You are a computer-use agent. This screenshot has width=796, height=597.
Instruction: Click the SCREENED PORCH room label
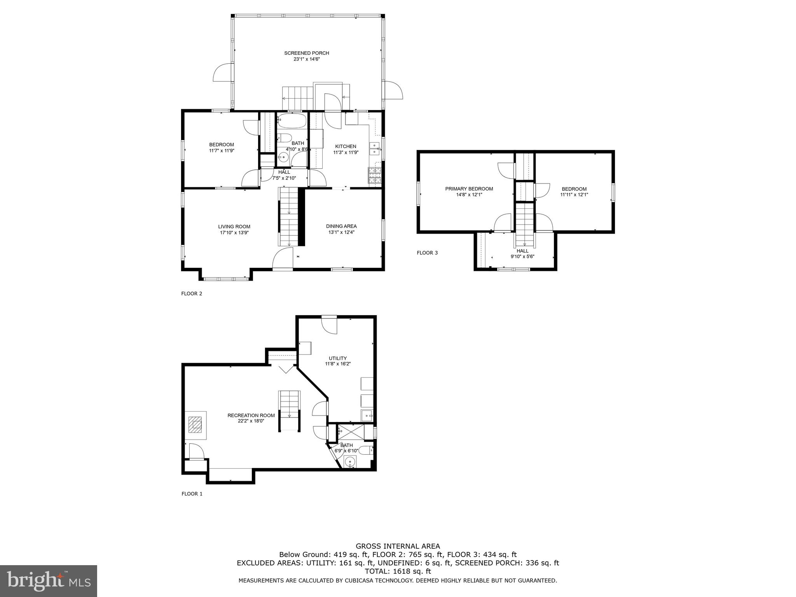tap(306, 53)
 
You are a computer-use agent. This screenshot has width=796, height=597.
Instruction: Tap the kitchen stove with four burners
tap(375, 175)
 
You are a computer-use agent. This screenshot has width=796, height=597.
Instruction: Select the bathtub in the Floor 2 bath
tap(292, 121)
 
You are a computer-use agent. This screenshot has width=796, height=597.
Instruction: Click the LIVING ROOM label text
tap(234, 227)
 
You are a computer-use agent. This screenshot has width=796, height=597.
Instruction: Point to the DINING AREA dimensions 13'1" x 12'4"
tap(341, 232)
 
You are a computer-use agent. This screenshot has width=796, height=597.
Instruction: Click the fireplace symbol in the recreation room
tap(196, 425)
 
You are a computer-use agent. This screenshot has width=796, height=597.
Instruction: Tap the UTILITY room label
tap(337, 358)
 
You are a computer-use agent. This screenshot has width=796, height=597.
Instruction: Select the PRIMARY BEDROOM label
tap(469, 189)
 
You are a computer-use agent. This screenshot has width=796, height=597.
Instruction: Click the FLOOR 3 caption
tap(427, 253)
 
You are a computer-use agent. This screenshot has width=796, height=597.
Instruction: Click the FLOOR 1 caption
tap(192, 494)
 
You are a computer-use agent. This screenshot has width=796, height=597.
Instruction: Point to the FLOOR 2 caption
tap(192, 294)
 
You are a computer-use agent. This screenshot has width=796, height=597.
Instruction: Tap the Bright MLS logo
tap(48, 581)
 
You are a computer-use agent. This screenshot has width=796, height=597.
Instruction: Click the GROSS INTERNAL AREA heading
tap(398, 546)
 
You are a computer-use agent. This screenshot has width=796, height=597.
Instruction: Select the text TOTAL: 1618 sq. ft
tap(398, 571)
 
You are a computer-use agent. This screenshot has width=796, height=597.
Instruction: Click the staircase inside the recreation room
tap(290, 411)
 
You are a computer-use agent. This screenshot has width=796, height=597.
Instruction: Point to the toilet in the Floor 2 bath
tap(285, 138)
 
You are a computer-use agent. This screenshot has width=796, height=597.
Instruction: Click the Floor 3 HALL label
tap(522, 251)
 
